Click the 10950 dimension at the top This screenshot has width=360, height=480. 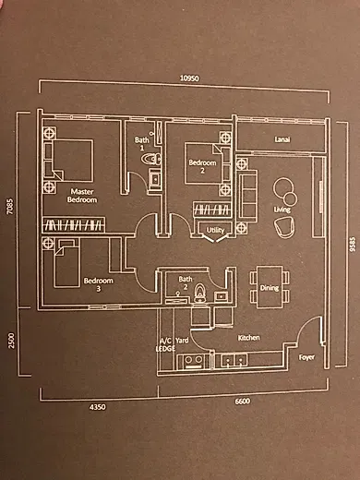(189, 78)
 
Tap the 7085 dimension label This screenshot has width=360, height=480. (10, 206)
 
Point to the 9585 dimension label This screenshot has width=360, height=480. (353, 244)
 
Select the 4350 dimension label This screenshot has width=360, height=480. (97, 407)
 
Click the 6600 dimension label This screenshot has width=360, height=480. (243, 402)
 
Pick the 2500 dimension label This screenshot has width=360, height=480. (11, 341)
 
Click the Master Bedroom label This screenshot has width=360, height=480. (82, 196)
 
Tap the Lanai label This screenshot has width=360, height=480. (282, 139)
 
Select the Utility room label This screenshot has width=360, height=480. (215, 230)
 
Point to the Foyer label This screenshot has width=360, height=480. (306, 357)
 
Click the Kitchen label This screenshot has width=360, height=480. (249, 338)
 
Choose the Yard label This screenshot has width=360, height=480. (182, 341)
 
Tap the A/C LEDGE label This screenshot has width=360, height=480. (166, 344)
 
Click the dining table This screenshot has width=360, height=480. (270, 287)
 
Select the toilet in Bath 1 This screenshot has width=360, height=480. (151, 159)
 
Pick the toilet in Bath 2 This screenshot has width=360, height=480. (200, 293)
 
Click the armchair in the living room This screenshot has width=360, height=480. (284, 227)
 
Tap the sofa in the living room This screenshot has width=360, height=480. (247, 194)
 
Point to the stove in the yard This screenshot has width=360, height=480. (193, 362)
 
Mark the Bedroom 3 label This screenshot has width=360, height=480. (99, 284)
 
